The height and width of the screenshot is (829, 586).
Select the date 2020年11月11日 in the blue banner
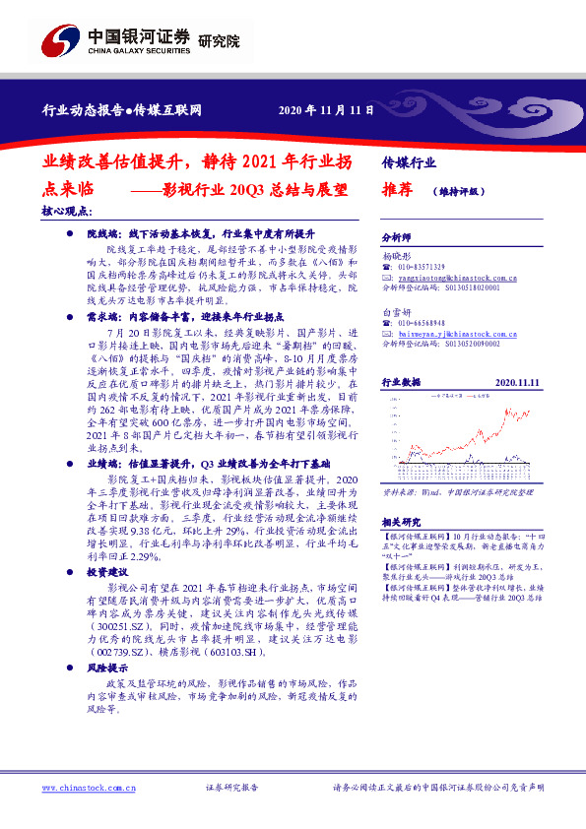326,109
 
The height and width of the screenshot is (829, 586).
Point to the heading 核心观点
67,211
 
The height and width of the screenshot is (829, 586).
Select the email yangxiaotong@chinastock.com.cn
450,278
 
